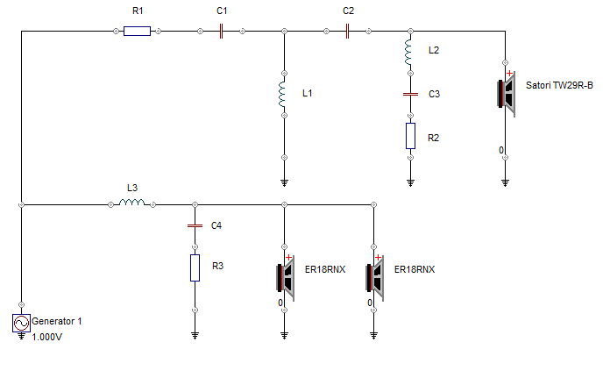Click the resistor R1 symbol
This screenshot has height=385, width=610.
[x=137, y=31]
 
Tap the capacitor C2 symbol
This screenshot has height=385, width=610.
[x=349, y=31]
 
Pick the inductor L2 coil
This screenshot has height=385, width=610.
[x=409, y=53]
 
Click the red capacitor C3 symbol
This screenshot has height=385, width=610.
[x=409, y=93]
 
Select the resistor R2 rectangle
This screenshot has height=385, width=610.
[x=409, y=135]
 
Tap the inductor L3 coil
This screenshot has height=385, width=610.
[x=132, y=203]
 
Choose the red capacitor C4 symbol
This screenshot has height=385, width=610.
[x=195, y=225]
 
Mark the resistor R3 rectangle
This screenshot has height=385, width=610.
[x=195, y=267]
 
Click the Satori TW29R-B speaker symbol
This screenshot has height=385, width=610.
[x=507, y=93]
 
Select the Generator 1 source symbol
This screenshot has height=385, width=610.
[x=19, y=324]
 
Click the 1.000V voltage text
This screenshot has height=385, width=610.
[x=47, y=337]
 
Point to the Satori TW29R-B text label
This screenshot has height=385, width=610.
[x=559, y=85]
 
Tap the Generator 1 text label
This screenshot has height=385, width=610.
[x=57, y=321]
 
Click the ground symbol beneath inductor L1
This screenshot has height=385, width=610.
[x=284, y=183]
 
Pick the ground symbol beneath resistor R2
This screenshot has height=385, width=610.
[x=410, y=183]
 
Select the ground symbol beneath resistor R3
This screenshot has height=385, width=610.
[x=195, y=335]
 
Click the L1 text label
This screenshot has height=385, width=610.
[x=307, y=92]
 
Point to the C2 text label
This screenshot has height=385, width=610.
[x=349, y=11]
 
